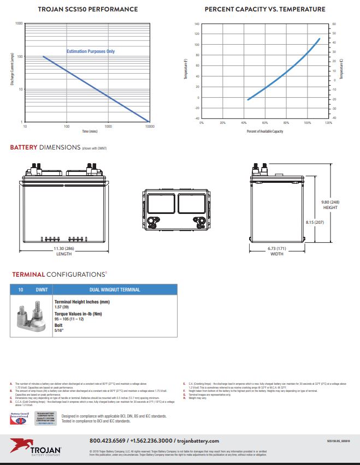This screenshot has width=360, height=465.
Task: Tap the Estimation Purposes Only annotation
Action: click(91, 51)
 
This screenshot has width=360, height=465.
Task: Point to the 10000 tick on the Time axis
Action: click(149, 126)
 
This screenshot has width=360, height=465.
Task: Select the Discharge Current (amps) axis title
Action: click(11, 73)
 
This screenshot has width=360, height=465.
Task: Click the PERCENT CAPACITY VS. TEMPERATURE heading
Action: click(264, 9)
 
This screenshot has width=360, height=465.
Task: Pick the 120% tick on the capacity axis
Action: click(328, 123)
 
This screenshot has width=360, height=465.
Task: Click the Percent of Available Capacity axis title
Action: click(265, 132)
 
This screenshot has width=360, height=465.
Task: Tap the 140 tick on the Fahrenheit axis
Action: click(197, 25)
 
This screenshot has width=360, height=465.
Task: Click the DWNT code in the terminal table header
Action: click(42, 289)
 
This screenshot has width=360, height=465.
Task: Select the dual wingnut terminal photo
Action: click(31, 319)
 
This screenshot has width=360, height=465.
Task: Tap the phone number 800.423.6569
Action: click(108, 440)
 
